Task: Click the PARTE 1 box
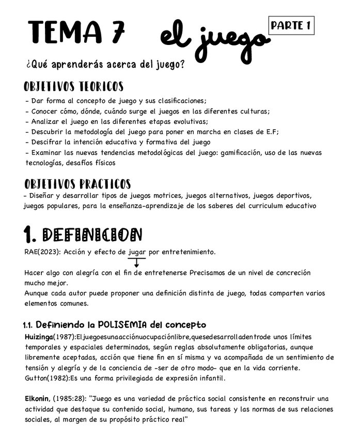point(291,25)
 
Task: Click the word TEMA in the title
point(65,33)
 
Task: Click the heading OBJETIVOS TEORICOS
point(73,86)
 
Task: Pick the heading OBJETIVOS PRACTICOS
point(77,184)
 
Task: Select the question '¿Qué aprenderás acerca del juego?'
point(105,66)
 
